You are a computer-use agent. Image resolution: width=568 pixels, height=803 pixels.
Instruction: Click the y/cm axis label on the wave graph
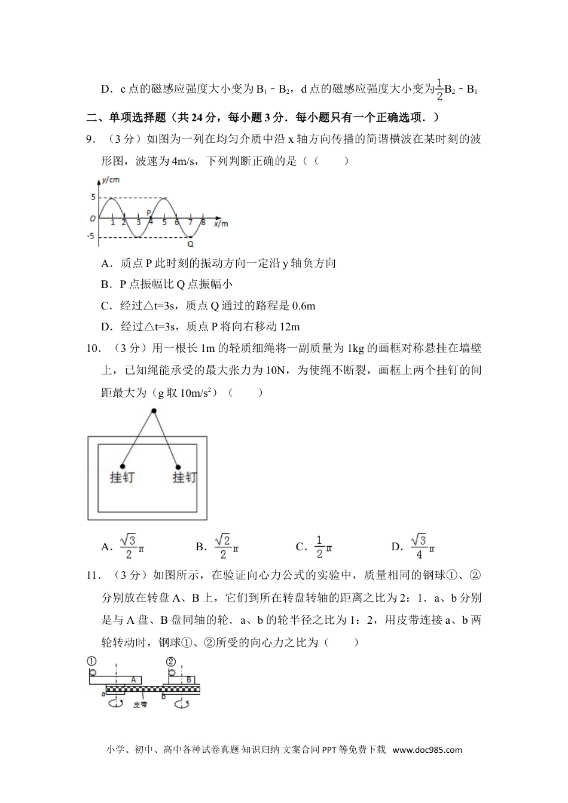pos(111,179)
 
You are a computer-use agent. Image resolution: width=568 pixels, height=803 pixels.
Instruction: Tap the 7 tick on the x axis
pos(191,223)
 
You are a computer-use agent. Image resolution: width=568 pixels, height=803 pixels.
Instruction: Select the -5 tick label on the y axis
pos(90,237)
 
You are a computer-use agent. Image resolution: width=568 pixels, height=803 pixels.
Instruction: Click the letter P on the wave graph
pos(149,212)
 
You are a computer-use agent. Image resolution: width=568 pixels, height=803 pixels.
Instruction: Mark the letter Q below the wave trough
pos(191,244)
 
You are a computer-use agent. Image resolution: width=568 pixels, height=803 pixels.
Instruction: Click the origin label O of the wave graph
pos(92,219)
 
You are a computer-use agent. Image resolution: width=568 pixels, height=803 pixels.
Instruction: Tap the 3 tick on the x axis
pos(138,223)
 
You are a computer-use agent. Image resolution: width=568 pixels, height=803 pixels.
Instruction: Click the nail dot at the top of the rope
pos(154,411)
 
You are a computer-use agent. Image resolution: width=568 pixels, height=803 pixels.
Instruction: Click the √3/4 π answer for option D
pos(422,546)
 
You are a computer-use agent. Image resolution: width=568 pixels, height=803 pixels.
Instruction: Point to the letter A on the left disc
pos(134,679)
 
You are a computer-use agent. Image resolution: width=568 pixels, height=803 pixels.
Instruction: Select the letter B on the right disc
pos(189,679)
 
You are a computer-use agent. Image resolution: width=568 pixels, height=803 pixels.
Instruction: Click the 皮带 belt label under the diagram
pos(140,704)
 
